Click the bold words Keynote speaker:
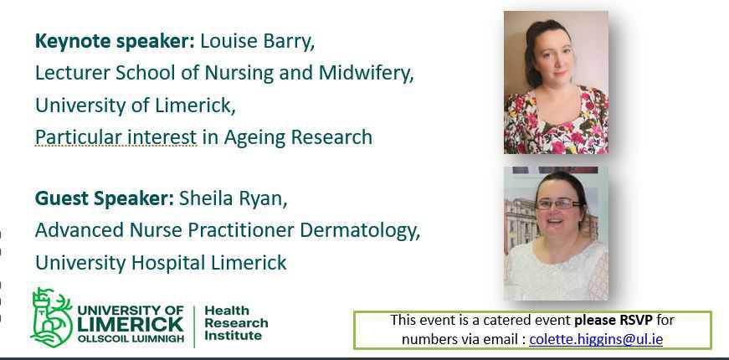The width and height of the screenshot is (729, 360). click(115, 41)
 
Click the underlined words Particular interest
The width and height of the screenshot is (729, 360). click(116, 137)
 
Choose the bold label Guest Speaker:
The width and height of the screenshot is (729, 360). click(105, 198)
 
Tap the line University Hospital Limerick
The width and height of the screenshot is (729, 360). click(161, 263)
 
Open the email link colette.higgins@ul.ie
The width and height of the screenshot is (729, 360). click(596, 339)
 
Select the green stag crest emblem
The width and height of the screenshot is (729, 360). click(51, 317)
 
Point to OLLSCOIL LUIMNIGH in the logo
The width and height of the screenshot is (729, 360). click(131, 339)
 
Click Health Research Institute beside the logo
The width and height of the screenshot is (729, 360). click(236, 323)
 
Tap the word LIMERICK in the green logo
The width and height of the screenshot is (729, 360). click(131, 325)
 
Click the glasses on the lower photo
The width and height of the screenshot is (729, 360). click(558, 203)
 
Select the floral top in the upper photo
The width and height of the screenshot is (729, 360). click(556, 123)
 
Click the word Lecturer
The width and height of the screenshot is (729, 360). click(73, 73)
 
